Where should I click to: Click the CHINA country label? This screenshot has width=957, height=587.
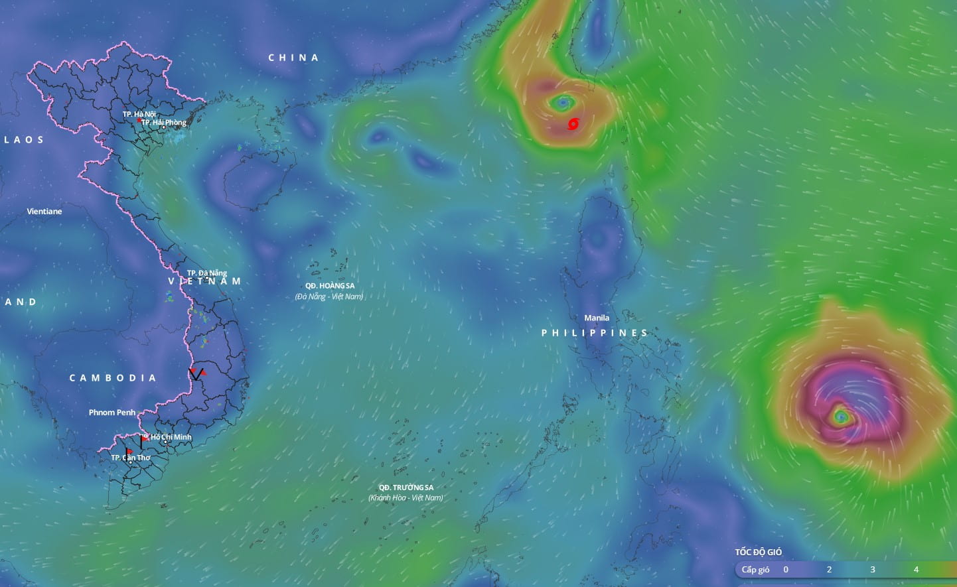click(293, 58)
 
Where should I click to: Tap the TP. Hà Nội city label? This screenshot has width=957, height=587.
click(139, 114)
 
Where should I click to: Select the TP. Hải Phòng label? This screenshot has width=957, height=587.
click(164, 122)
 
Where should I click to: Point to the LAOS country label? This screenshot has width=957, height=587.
click(24, 139)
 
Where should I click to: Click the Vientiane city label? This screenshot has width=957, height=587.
click(44, 212)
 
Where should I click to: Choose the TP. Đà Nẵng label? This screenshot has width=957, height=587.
click(207, 273)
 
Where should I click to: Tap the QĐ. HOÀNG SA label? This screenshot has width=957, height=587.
click(330, 286)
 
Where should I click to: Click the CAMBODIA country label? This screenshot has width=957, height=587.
click(113, 378)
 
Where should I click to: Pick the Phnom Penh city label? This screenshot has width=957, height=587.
click(112, 413)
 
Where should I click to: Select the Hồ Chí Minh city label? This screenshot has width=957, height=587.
click(171, 437)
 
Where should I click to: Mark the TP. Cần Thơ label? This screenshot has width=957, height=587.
click(131, 458)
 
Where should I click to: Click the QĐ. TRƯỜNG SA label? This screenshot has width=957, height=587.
click(406, 488)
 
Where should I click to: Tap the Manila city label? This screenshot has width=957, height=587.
click(597, 318)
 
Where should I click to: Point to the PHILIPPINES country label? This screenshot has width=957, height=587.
click(595, 333)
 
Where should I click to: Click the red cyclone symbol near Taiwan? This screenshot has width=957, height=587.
click(573, 124)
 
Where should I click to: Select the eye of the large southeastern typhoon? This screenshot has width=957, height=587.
click(841, 417)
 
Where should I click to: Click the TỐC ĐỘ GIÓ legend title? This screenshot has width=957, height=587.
click(758, 552)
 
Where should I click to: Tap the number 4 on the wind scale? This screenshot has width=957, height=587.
click(916, 569)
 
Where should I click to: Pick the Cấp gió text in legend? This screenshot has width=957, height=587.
click(755, 569)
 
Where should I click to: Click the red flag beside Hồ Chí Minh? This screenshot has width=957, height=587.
click(145, 438)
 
